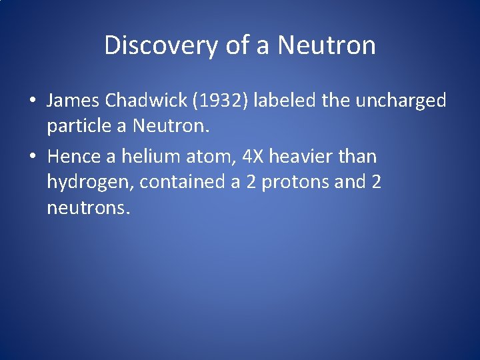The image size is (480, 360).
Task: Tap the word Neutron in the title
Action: tap(327, 45)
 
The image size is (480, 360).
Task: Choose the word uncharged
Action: tap(401, 101)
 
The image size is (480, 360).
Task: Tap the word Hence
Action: tap(75, 157)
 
